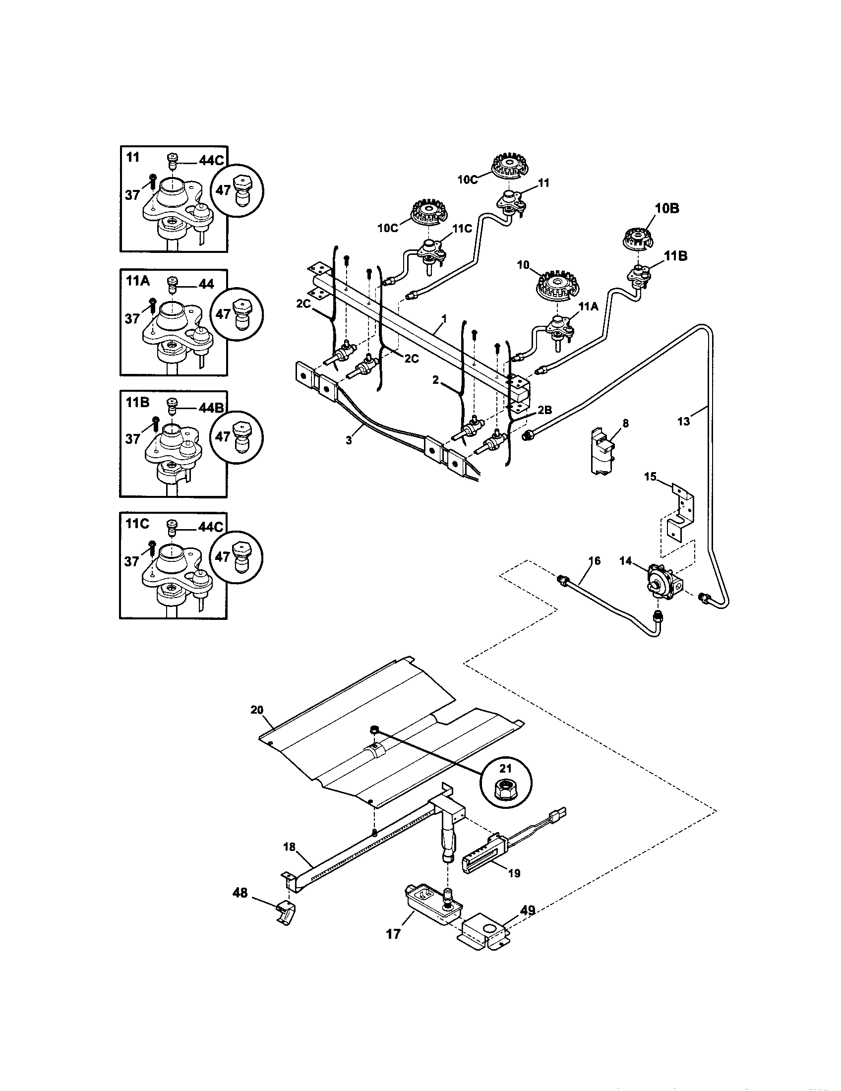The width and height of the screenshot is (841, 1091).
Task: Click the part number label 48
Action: (x=240, y=893)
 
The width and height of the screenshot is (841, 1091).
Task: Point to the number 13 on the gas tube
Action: (x=683, y=422)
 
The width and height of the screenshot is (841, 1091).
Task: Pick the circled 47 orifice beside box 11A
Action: (x=237, y=314)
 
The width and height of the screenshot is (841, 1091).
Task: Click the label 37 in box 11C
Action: (x=132, y=561)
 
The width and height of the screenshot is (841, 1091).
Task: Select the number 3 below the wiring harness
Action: (x=349, y=441)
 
